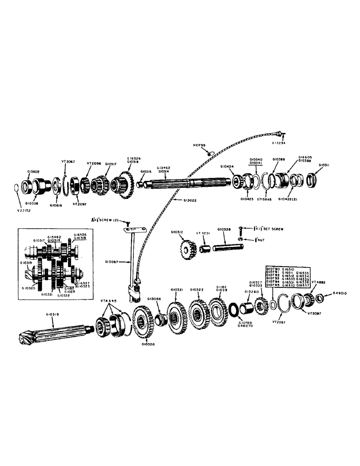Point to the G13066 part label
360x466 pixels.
tap(154, 299)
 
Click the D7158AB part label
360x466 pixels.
tap(267, 200)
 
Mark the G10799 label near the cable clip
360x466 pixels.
tap(199, 145)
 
